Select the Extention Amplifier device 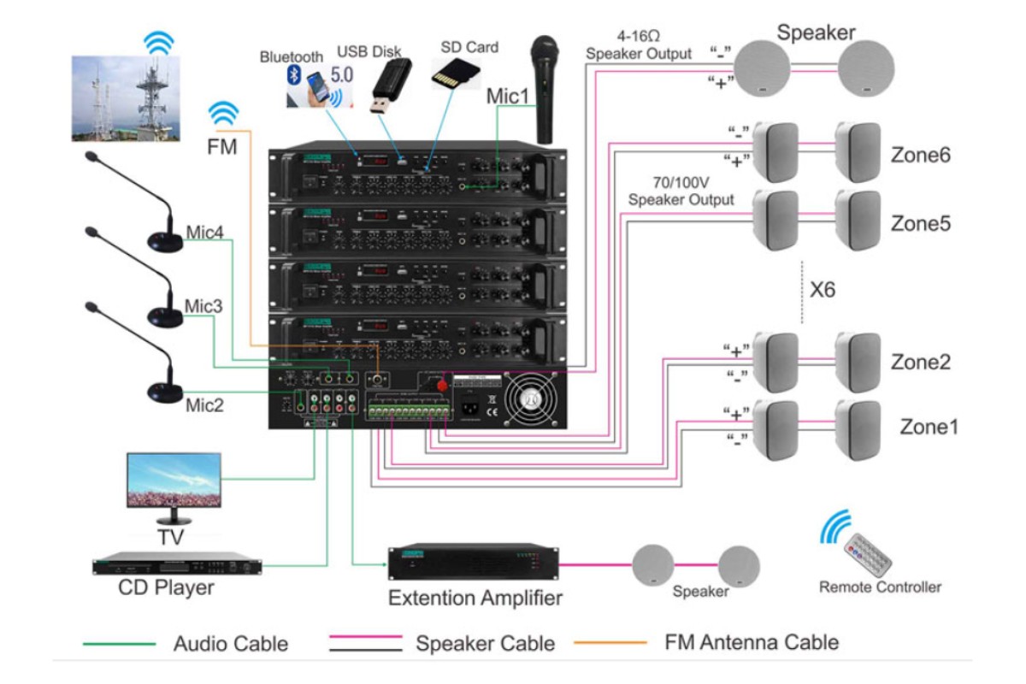475,563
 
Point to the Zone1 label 929,426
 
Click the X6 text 823,290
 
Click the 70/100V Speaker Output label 681,193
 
